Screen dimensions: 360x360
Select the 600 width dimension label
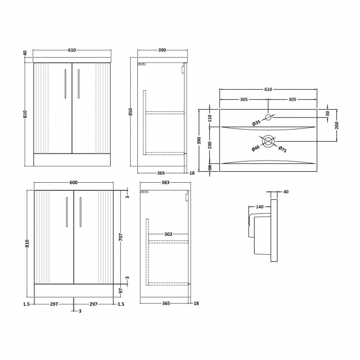coord(73,183)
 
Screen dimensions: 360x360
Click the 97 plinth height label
coord(120,291)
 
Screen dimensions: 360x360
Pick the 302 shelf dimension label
coord(168,235)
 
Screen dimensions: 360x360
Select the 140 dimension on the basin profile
coord(259,207)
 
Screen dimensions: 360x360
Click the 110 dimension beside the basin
coord(209,118)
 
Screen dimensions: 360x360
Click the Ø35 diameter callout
coord(256,123)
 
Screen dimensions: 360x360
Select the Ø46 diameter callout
coord(256,148)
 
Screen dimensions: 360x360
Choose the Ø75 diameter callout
coord(282,149)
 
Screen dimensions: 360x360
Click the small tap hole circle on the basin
coord(269,117)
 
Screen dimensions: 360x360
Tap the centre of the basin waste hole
coord(269,142)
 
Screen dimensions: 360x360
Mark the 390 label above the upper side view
coord(162,50)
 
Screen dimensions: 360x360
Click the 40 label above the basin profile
coord(286,192)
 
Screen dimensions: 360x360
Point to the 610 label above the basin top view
coord(269,89)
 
